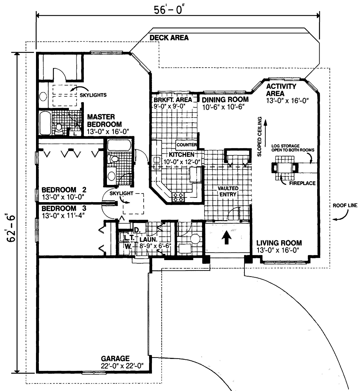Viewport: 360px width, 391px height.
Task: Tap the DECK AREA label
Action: point(169,38)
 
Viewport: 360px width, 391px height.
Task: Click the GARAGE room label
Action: point(115,359)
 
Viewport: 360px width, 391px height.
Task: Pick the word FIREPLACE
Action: point(302,183)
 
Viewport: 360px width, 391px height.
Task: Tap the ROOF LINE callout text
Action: point(345,205)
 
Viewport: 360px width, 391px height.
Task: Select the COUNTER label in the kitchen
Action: point(186,145)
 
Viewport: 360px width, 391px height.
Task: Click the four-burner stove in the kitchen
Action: point(178,196)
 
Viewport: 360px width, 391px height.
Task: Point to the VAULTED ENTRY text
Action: point(227,191)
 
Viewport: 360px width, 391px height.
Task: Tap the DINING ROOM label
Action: point(225,100)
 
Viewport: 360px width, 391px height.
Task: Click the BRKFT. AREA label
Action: point(172,100)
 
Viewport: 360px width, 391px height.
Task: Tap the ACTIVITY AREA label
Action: point(281,90)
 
